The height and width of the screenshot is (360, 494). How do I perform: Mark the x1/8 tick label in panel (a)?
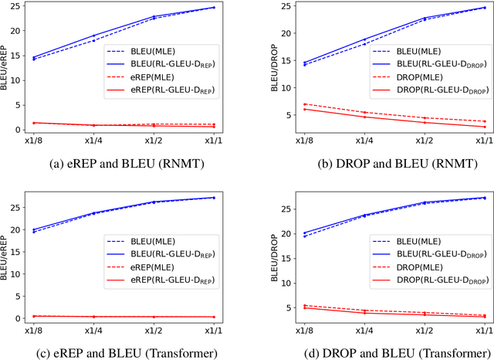(x=33, y=141)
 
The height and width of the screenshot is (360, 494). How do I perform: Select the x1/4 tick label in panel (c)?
(x=94, y=330)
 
